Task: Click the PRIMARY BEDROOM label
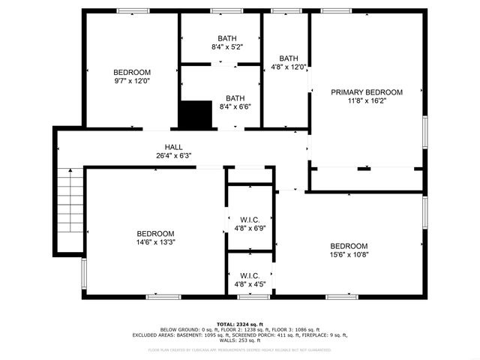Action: (x=367, y=92)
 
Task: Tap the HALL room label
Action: (x=173, y=147)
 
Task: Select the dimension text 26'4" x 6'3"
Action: (x=173, y=156)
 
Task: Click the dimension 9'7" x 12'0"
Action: (x=132, y=81)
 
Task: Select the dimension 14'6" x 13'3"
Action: (x=155, y=242)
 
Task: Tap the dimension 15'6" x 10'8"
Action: (x=349, y=255)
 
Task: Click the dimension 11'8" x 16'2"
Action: (x=367, y=101)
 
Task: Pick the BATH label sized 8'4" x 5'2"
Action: (x=226, y=38)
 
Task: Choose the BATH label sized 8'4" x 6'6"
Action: (x=235, y=97)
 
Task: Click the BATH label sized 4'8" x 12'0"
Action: (x=288, y=58)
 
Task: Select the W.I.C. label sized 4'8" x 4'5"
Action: (x=249, y=275)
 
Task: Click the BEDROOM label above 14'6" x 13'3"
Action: (x=155, y=233)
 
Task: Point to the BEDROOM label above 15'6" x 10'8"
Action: (x=349, y=246)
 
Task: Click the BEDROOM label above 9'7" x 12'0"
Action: (x=132, y=72)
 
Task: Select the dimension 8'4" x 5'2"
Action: (x=226, y=47)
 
